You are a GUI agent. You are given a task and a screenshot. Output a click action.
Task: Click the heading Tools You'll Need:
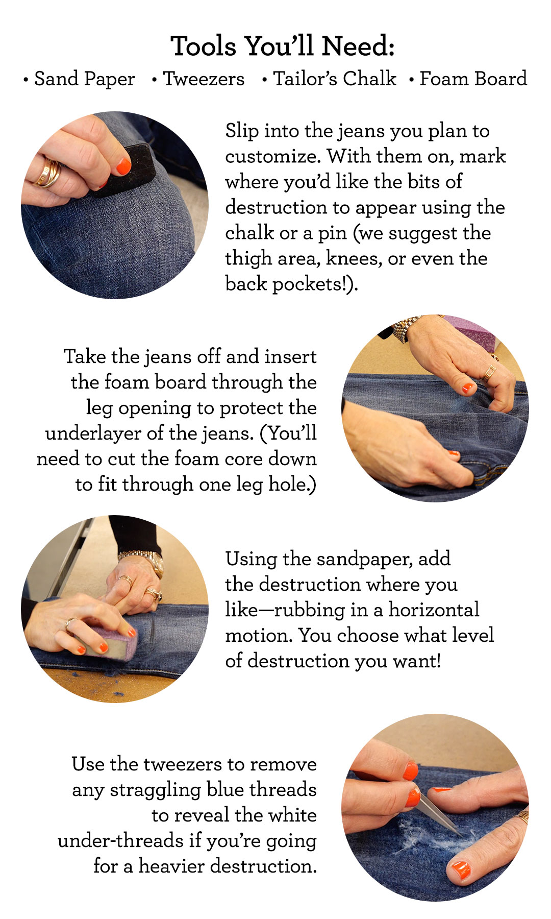282,46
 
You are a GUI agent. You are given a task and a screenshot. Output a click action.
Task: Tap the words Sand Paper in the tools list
84,79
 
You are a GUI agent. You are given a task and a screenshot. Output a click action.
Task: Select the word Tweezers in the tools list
204,79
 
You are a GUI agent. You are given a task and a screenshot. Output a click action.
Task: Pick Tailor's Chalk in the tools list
334,79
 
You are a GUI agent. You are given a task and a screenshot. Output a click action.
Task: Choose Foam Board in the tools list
473,79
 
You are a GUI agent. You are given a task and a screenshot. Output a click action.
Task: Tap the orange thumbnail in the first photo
123,166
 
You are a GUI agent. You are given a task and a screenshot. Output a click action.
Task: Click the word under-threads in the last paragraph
120,841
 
